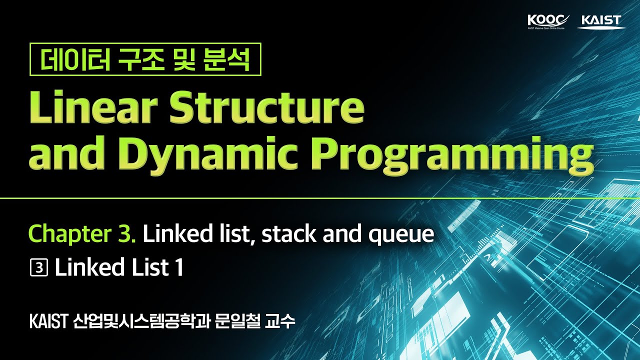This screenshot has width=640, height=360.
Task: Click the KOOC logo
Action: pyautogui.click(x=548, y=21)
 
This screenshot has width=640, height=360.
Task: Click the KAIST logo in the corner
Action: pyautogui.click(x=601, y=21)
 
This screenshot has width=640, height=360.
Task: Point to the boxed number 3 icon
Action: pyautogui.click(x=38, y=268)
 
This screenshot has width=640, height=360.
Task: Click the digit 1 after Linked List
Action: pyautogui.click(x=179, y=268)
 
